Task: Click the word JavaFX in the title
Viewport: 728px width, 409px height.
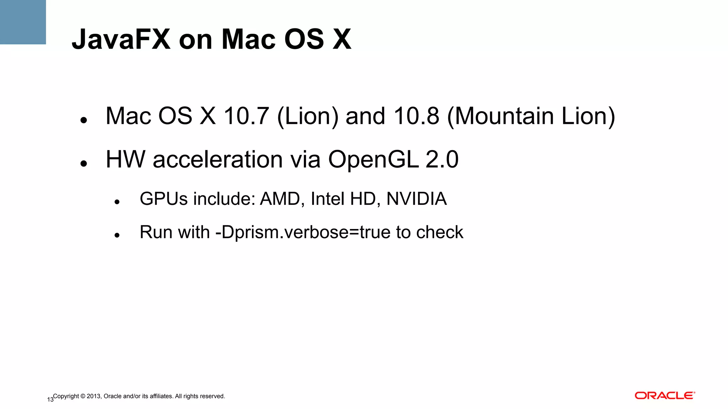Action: (121, 39)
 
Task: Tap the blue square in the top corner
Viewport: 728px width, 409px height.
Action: (23, 22)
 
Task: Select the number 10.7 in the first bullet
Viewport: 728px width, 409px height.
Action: (246, 116)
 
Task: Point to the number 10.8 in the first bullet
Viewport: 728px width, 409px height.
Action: (416, 116)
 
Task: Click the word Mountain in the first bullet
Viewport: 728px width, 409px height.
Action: (504, 116)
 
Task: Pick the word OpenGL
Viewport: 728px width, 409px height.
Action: (373, 159)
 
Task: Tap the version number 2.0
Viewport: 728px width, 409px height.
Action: (442, 159)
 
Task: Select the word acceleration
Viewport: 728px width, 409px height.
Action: (218, 159)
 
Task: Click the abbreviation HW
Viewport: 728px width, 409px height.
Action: (125, 159)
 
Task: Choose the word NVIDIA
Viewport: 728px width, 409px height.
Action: (416, 199)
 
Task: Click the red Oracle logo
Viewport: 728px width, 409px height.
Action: (665, 396)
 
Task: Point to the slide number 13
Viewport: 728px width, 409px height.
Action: (50, 400)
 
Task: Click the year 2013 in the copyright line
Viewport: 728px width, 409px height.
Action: (94, 396)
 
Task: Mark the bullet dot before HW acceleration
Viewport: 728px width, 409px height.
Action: (84, 164)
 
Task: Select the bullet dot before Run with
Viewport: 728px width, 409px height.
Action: (117, 235)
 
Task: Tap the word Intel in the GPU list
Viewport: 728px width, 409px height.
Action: (325, 199)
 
